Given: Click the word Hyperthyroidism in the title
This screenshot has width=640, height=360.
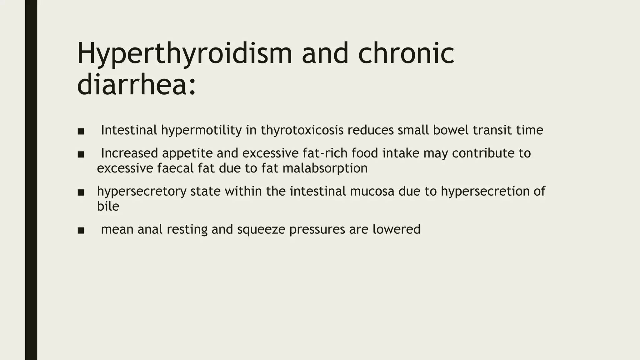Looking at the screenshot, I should click(184, 54).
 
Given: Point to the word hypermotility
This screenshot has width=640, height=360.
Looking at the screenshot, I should click(202, 130).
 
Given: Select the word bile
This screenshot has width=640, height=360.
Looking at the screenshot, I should click(108, 206).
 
